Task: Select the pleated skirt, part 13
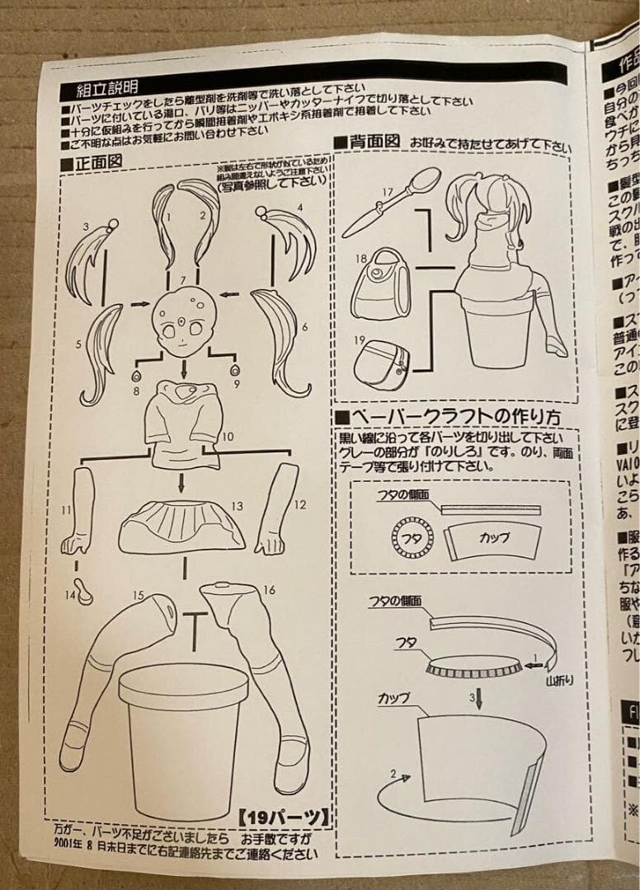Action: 183,524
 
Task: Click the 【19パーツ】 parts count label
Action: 284,817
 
